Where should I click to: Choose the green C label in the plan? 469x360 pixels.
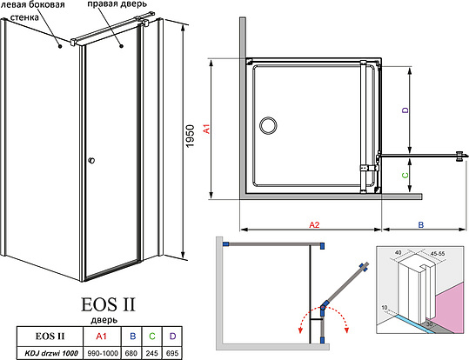point(405,174)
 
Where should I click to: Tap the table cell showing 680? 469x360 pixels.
point(133,351)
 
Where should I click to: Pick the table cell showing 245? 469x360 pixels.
point(153,351)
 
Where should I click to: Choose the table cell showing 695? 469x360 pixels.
point(173,351)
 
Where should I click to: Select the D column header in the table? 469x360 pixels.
point(173,337)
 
